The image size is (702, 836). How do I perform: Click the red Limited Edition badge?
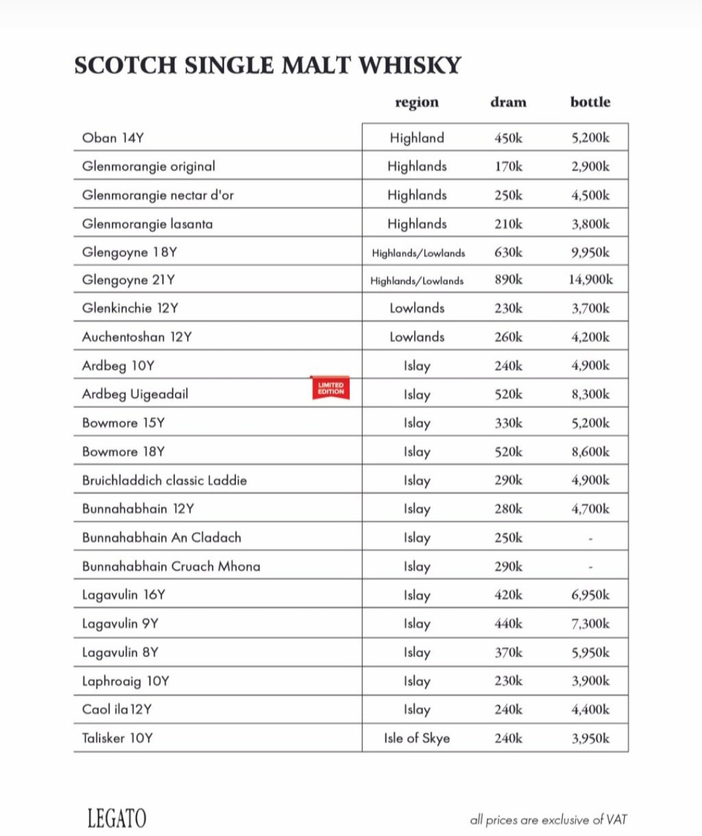(x=331, y=388)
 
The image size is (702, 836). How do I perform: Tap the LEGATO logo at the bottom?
(x=117, y=818)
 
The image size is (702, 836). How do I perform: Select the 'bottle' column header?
(x=590, y=102)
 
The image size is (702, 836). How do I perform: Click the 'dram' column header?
(x=508, y=102)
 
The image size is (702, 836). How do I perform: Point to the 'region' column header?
(x=417, y=102)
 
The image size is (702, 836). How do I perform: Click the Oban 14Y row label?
(x=113, y=138)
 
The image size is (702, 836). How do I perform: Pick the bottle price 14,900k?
(x=591, y=280)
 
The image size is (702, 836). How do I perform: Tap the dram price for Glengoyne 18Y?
(x=508, y=252)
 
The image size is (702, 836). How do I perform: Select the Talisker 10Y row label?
(x=118, y=738)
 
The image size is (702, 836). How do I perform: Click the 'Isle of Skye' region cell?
(x=417, y=738)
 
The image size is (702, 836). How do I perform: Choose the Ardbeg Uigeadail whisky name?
(x=135, y=394)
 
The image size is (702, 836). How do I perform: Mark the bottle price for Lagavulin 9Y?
(x=591, y=624)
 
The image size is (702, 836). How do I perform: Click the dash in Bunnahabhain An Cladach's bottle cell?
(x=590, y=538)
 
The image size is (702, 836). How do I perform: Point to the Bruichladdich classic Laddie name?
(x=164, y=481)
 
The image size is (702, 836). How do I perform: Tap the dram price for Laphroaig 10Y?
(x=508, y=681)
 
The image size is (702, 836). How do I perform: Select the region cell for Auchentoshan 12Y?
(x=417, y=337)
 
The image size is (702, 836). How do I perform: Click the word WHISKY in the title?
(x=410, y=66)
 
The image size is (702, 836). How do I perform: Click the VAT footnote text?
(x=549, y=820)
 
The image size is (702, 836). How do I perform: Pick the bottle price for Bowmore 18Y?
(x=591, y=451)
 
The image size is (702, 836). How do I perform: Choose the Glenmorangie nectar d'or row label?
(x=158, y=195)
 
